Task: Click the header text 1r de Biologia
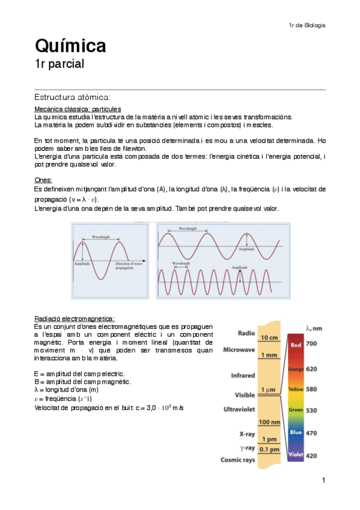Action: [x=307, y=25]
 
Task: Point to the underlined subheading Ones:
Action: [x=43, y=180]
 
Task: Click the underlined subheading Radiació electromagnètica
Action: [x=75, y=319]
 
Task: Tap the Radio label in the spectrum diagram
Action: [x=246, y=333]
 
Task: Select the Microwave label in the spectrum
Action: [x=240, y=349]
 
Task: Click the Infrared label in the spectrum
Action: [x=243, y=375]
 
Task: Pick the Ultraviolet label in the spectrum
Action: [x=240, y=408]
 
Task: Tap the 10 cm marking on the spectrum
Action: [x=269, y=338]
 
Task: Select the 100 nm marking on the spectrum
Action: [x=269, y=423]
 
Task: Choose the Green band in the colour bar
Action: [x=296, y=410]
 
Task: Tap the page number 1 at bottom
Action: [x=323, y=480]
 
